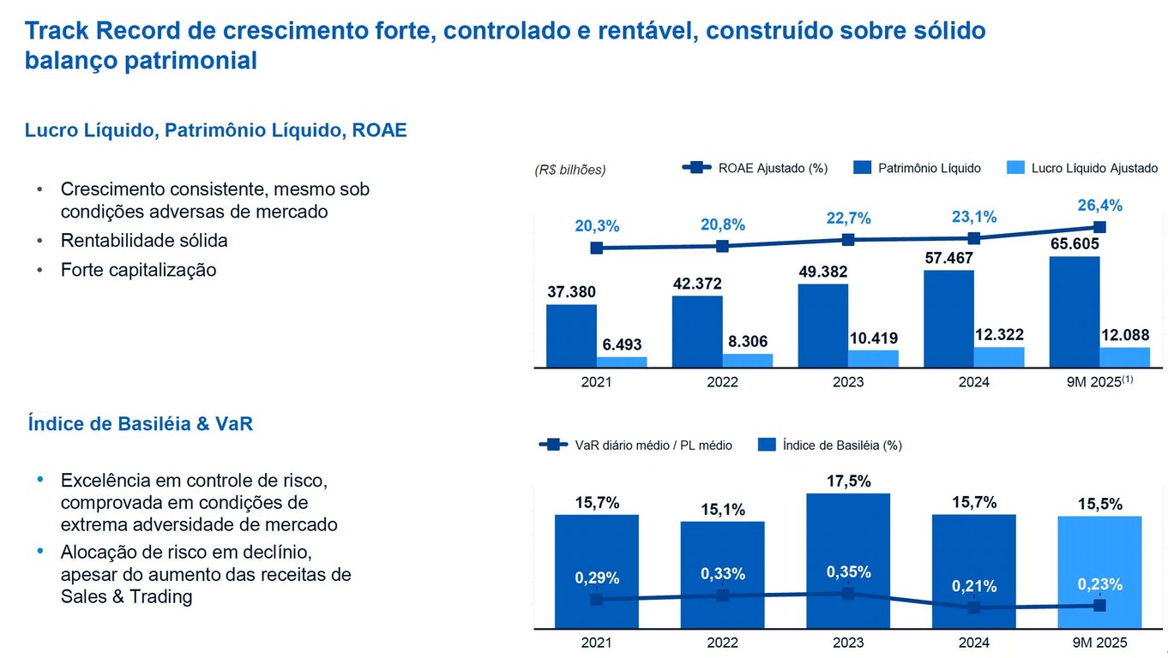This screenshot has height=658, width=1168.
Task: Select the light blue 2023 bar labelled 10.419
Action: click(873, 359)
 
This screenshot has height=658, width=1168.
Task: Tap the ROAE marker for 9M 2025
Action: click(1099, 227)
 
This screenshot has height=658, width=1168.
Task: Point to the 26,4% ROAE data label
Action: click(1099, 206)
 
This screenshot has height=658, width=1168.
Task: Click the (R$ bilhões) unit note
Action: click(569, 170)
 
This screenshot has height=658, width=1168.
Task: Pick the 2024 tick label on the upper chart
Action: click(973, 382)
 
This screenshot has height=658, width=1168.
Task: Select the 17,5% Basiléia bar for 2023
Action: click(848, 531)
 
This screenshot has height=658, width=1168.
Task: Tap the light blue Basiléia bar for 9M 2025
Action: click(1099, 548)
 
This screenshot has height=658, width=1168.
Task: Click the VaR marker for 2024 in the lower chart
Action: click(973, 607)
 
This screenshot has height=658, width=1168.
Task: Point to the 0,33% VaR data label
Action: click(722, 574)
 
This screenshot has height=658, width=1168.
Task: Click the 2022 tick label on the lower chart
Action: click(722, 643)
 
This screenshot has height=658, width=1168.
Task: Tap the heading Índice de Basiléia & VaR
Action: click(140, 423)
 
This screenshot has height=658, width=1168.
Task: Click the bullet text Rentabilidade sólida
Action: click(144, 241)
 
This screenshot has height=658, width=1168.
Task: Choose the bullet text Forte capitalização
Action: click(138, 270)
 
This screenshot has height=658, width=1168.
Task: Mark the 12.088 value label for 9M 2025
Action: click(1124, 335)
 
